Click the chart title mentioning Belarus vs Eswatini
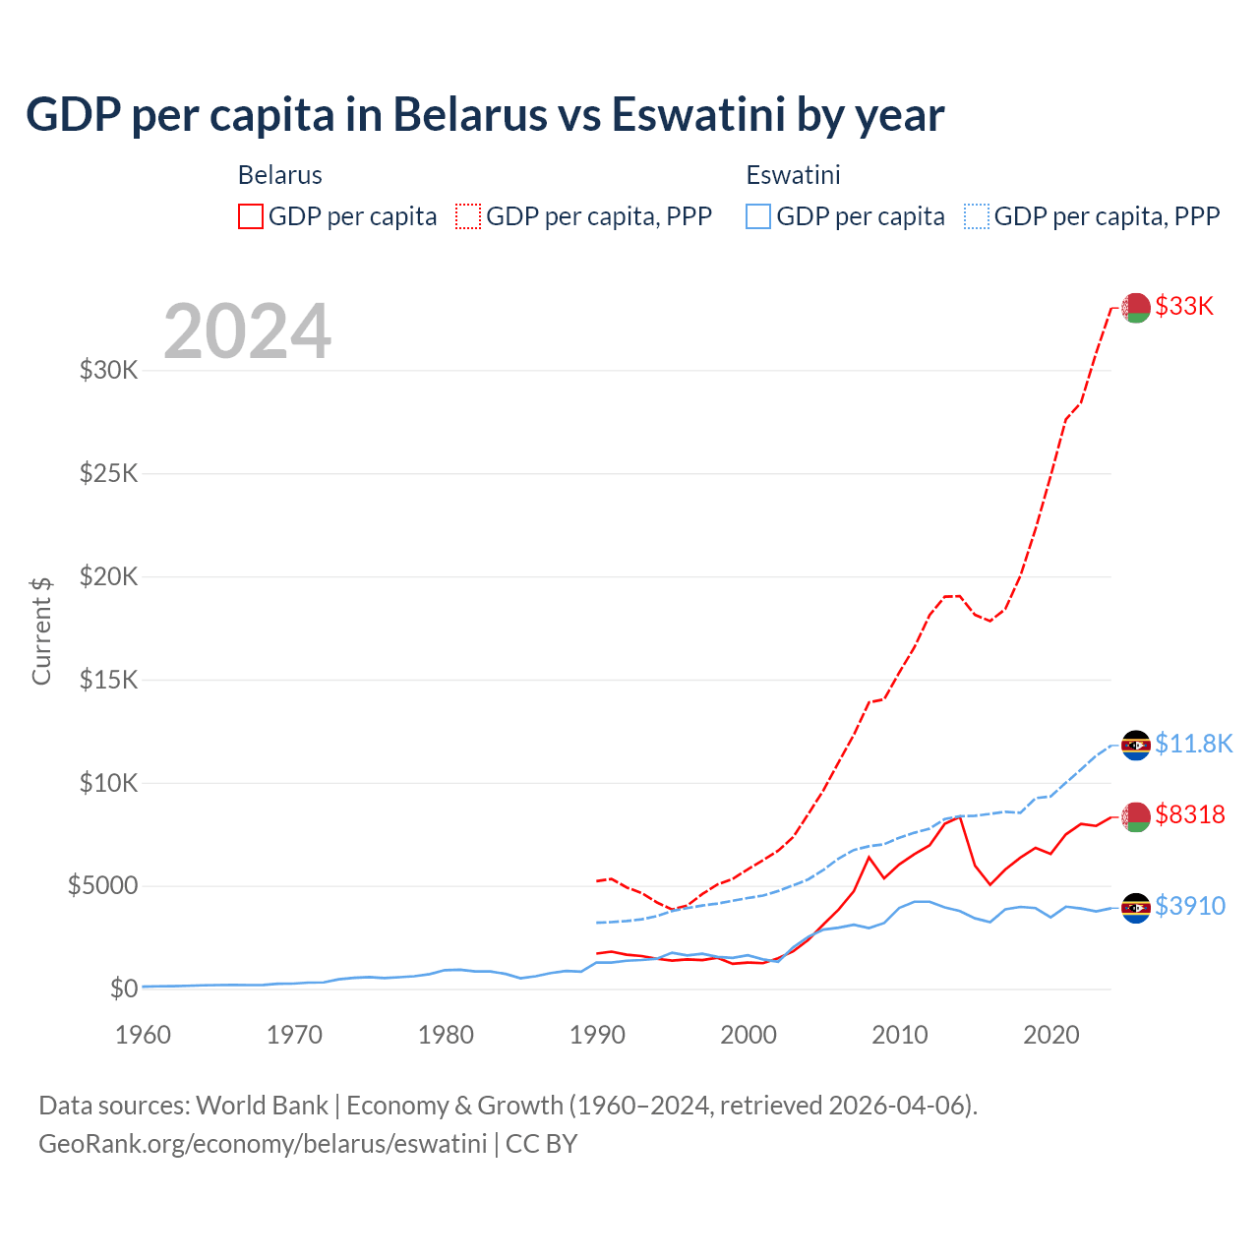(484, 114)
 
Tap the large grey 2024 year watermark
(247, 331)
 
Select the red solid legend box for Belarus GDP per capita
(251, 216)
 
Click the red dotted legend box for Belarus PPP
(468, 216)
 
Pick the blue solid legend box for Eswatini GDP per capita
(758, 216)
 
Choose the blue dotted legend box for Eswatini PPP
(977, 216)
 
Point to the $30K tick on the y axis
(108, 371)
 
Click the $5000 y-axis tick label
(102, 885)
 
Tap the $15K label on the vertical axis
(108, 680)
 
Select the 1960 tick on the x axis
(143, 1035)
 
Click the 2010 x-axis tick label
(900, 1035)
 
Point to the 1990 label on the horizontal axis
(597, 1035)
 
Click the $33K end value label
(1184, 307)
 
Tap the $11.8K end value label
(1193, 744)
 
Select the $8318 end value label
(1190, 814)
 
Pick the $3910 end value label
(1190, 906)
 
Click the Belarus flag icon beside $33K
(1136, 307)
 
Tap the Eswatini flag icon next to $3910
(1136, 908)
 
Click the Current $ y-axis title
(41, 630)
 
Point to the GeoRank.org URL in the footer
(263, 1144)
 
